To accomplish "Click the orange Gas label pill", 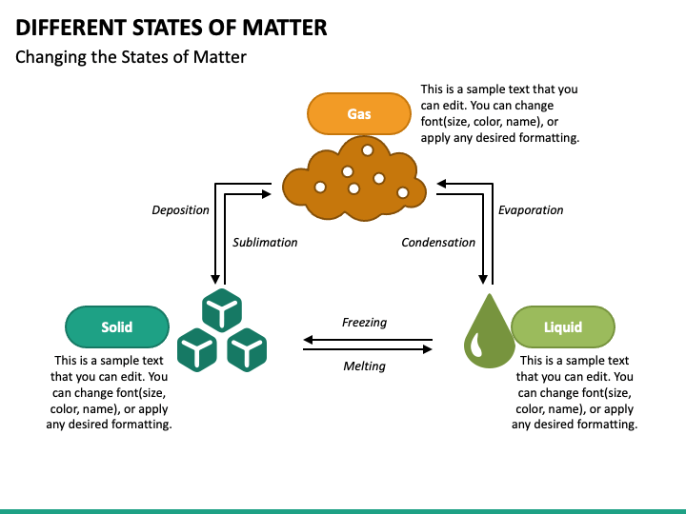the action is (359, 113).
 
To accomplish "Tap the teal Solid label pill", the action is (117, 326).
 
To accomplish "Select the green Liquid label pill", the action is (563, 326).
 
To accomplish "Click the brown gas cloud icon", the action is (354, 178).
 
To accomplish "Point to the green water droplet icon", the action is (490, 331).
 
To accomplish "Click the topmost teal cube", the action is (222, 310).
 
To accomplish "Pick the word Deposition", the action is (180, 210).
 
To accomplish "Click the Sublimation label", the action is (265, 243).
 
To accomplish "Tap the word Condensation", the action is (438, 243).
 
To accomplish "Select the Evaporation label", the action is (531, 210).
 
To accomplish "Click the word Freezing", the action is (364, 323).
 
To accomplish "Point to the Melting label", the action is (364, 366).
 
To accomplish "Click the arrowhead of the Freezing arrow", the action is (308, 339).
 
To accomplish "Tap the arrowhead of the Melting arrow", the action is (428, 349).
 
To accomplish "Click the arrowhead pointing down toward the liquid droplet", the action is (483, 279).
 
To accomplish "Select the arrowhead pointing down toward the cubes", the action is (215, 279).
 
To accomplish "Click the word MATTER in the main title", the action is (284, 28).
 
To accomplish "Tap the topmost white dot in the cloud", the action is (368, 150).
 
